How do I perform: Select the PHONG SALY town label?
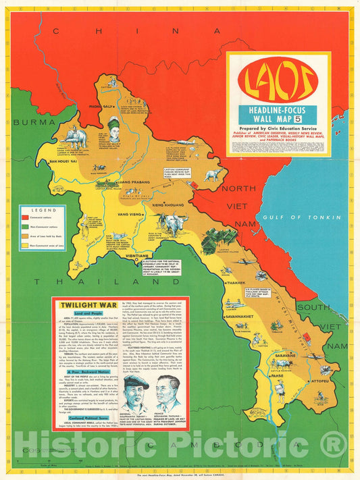coord(101,106)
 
